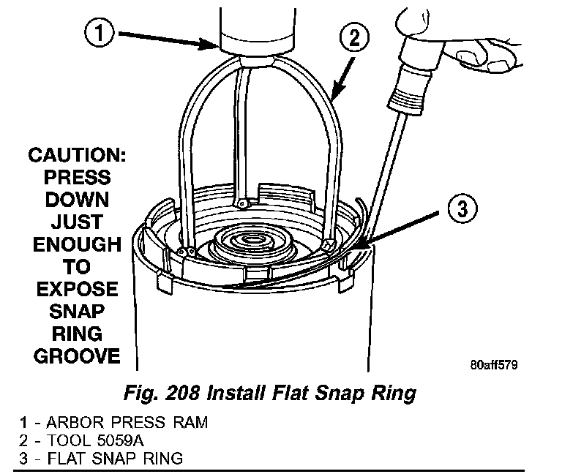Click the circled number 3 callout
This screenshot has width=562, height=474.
click(x=460, y=209)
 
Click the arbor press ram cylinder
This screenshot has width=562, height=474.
click(x=252, y=26)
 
